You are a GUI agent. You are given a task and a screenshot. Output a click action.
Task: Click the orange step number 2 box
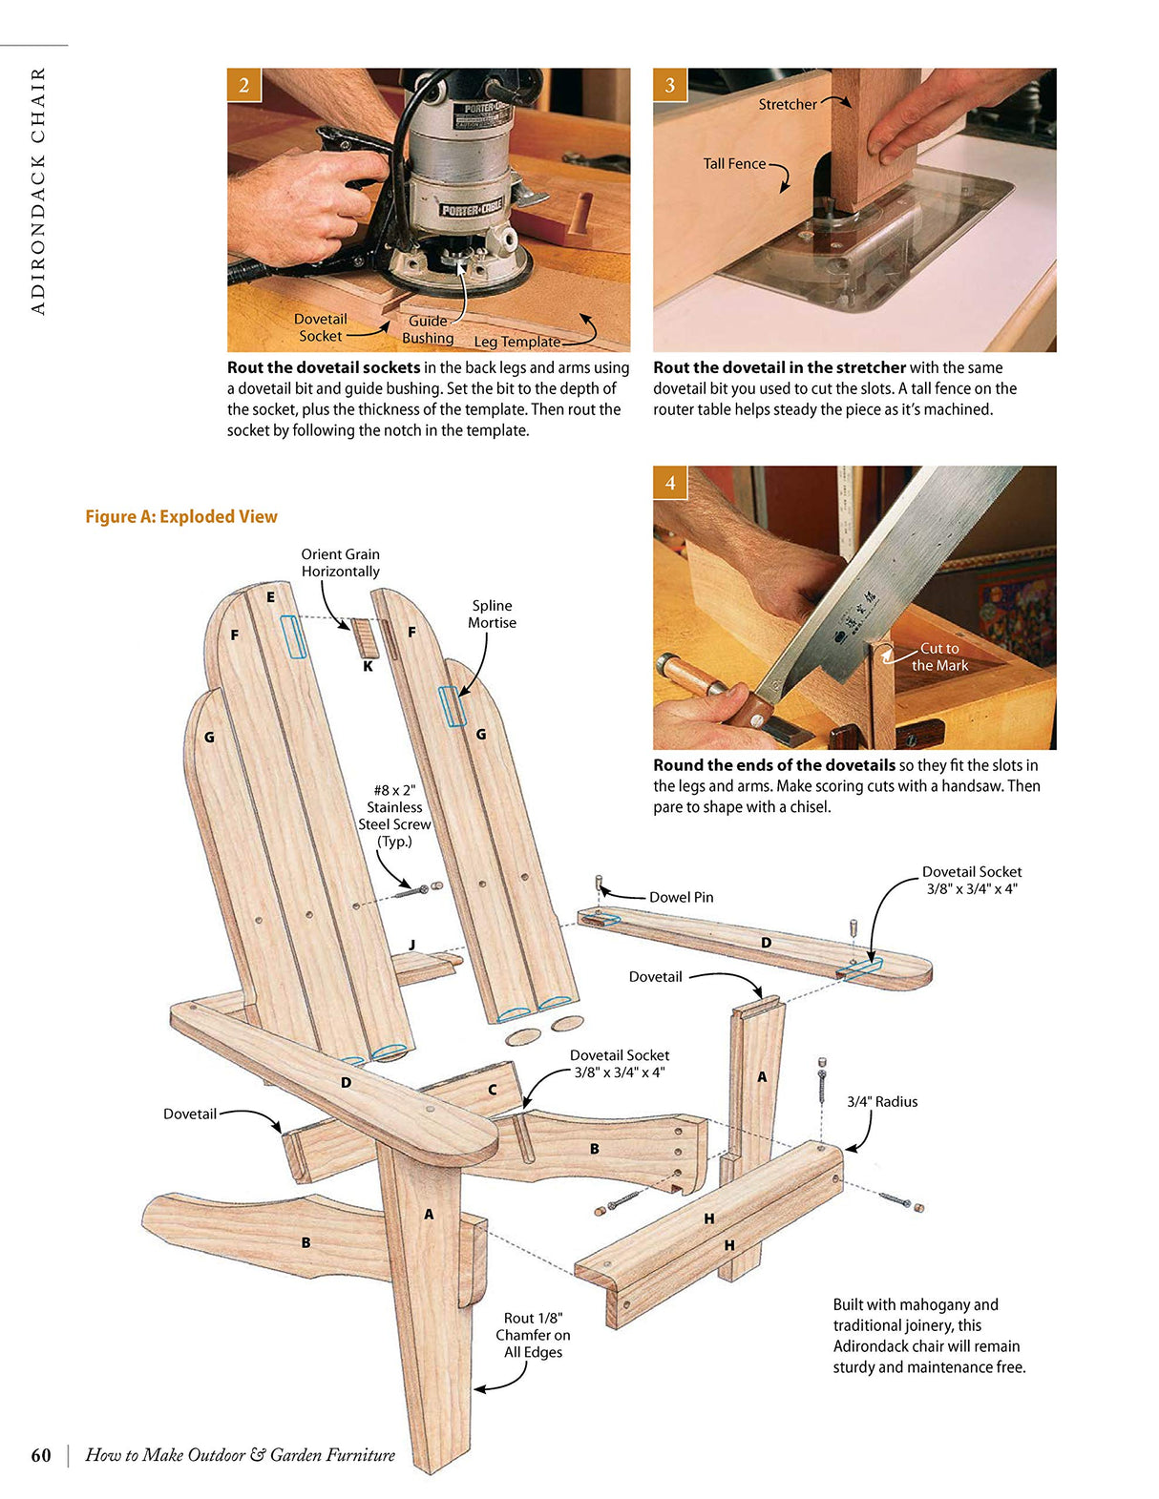243,85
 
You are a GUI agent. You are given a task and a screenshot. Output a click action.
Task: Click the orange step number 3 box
669,85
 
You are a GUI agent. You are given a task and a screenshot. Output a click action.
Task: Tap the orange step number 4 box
669,483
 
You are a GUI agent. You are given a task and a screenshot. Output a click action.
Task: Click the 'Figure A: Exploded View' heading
181,516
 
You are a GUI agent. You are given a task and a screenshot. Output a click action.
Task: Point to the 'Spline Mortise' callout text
492,614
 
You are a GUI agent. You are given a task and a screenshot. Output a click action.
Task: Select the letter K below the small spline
368,667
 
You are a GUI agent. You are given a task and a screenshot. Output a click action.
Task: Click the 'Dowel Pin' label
681,897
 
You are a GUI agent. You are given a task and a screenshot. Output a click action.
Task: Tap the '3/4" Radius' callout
882,1101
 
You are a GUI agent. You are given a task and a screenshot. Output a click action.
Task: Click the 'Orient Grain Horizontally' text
340,563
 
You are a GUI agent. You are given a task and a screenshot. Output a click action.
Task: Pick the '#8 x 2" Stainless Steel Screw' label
394,816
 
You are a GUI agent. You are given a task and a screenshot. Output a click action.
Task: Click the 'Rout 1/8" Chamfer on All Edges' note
533,1335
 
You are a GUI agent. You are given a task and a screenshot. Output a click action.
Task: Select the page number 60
41,1455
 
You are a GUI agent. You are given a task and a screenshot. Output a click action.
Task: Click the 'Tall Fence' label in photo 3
734,164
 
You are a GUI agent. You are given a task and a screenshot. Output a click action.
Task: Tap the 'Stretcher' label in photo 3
788,105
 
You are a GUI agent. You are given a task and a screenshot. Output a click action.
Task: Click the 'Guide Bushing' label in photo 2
428,329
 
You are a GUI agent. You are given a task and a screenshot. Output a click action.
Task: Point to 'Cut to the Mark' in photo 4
939,656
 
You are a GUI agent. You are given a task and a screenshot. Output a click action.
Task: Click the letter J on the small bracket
412,945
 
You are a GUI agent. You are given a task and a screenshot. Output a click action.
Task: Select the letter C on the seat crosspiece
493,1090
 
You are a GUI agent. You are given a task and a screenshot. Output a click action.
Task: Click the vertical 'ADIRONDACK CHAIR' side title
38,191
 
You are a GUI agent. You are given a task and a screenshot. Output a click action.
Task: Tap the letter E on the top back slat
271,597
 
